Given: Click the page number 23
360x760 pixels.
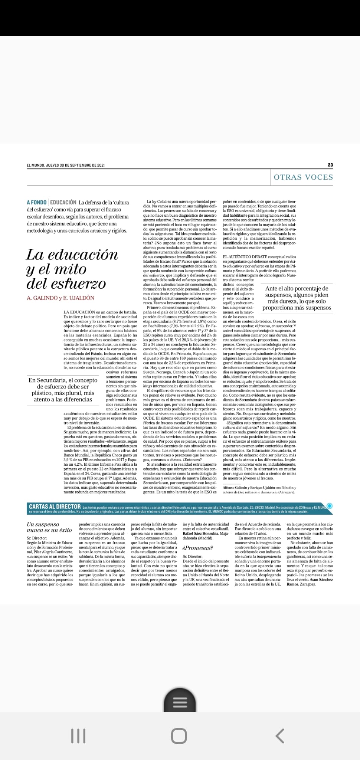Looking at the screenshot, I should pyautogui.click(x=330, y=165).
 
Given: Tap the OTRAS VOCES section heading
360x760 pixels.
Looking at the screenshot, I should pyautogui.click(x=303, y=177).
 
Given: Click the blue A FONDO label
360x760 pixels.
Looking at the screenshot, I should pyautogui.click(x=37, y=202).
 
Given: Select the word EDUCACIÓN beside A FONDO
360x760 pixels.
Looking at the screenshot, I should pyautogui.click(x=63, y=202).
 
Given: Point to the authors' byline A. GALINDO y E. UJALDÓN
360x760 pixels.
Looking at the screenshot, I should pyautogui.click(x=60, y=298).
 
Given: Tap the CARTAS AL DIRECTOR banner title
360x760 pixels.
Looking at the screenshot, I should pyautogui.click(x=55, y=506).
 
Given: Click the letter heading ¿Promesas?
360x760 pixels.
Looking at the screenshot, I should pyautogui.click(x=198, y=548).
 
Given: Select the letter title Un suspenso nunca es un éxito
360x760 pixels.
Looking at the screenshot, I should pyautogui.click(x=49, y=527).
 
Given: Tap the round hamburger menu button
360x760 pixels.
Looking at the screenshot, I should pyautogui.click(x=180, y=702).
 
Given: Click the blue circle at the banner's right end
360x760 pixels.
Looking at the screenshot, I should pyautogui.click(x=329, y=506).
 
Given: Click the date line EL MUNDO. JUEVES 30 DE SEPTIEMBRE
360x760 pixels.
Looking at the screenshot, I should pyautogui.click(x=65, y=165).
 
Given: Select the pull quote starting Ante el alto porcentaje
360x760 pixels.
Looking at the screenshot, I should pyautogui.click(x=297, y=298).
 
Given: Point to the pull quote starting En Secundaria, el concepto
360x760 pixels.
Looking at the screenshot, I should pyautogui.click(x=63, y=390).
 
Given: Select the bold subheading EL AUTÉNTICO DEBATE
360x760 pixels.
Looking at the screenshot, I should pyautogui.click(x=245, y=257).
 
